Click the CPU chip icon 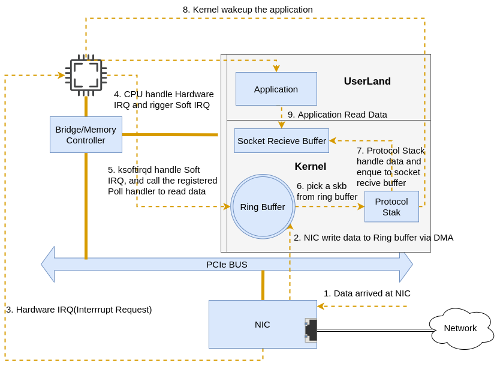86,76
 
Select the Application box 276,89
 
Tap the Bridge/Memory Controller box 86,134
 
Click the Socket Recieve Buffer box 281,140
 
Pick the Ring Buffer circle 263,206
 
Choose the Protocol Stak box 391,206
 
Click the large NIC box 262,324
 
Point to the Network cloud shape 460,328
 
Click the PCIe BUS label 227,264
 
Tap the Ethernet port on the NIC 311,330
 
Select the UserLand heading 367,82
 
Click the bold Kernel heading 310,166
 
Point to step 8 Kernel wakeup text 248,10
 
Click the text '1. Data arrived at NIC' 367,293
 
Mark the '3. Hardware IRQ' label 79,310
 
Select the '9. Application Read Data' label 337,114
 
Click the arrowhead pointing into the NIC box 321,306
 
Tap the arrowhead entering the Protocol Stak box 361,206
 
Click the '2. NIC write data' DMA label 373,237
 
